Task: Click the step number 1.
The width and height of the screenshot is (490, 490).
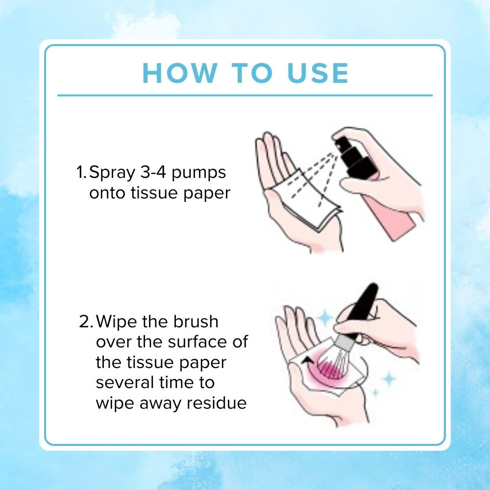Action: [x=81, y=173]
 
